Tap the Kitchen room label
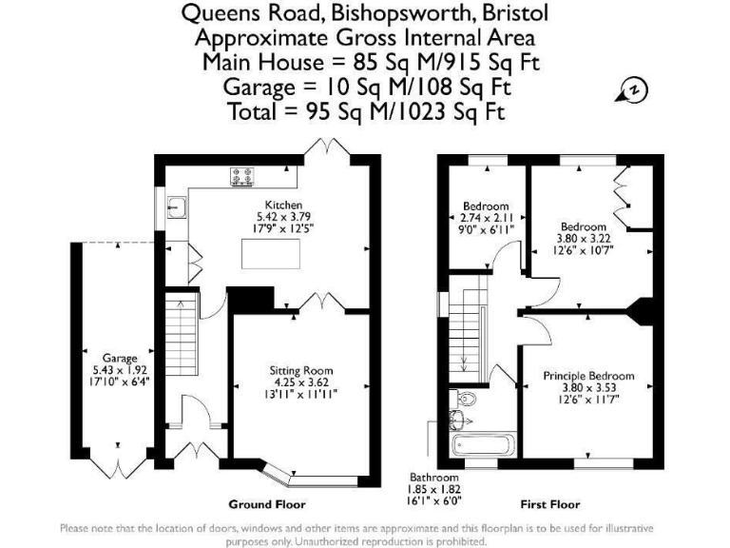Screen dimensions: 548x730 [283, 205]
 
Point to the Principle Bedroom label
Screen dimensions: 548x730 [588, 376]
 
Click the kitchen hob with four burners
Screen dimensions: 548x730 [241, 175]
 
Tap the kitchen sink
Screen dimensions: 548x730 [176, 205]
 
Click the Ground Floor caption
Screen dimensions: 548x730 [267, 504]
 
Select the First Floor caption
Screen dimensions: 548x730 [549, 504]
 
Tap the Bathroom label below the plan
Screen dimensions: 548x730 [434, 477]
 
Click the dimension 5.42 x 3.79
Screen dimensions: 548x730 [283, 216]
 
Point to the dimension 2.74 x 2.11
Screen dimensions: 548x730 [485, 218]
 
